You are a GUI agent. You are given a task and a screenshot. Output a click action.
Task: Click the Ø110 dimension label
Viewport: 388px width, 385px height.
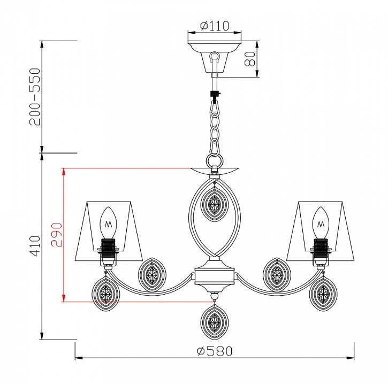215,26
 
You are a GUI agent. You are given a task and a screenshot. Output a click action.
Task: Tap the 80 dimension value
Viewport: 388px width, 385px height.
249,59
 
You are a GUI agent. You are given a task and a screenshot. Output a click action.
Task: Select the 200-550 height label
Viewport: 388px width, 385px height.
34,97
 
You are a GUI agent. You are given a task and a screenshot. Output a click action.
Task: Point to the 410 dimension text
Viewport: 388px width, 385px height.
34,246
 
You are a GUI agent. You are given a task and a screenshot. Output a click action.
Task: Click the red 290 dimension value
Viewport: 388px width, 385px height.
56,235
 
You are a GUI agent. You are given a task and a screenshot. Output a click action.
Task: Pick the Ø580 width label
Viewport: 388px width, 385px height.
215,351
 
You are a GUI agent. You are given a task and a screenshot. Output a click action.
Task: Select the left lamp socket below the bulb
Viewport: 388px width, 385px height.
108,252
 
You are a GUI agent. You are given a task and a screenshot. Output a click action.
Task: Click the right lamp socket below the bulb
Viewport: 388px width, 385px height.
321,252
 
